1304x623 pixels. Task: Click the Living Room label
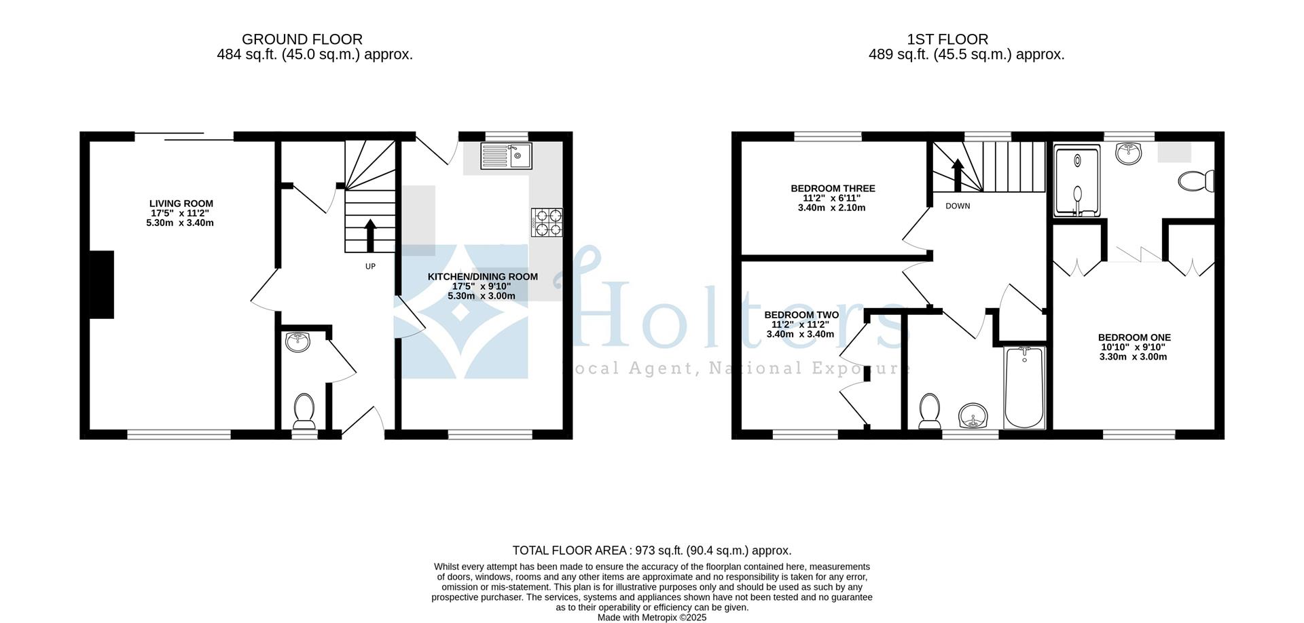[x=181, y=204]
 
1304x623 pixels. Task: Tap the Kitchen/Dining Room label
[x=482, y=277]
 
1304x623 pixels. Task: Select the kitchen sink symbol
[x=506, y=156]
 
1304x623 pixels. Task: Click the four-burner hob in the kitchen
[x=547, y=222]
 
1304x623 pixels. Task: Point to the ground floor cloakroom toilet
[x=304, y=411]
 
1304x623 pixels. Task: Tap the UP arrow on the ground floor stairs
[x=370, y=235]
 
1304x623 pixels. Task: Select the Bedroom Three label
[x=833, y=189]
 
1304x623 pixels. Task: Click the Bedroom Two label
[x=801, y=315]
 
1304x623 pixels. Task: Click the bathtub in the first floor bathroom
[x=1024, y=387]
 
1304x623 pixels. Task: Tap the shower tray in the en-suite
[x=1077, y=182]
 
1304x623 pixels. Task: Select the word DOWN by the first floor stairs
[x=958, y=206]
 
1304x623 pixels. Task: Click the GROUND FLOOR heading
[x=302, y=39]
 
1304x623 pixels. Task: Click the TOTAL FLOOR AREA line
[x=651, y=550]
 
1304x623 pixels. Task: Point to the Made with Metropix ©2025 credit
[x=651, y=618]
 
